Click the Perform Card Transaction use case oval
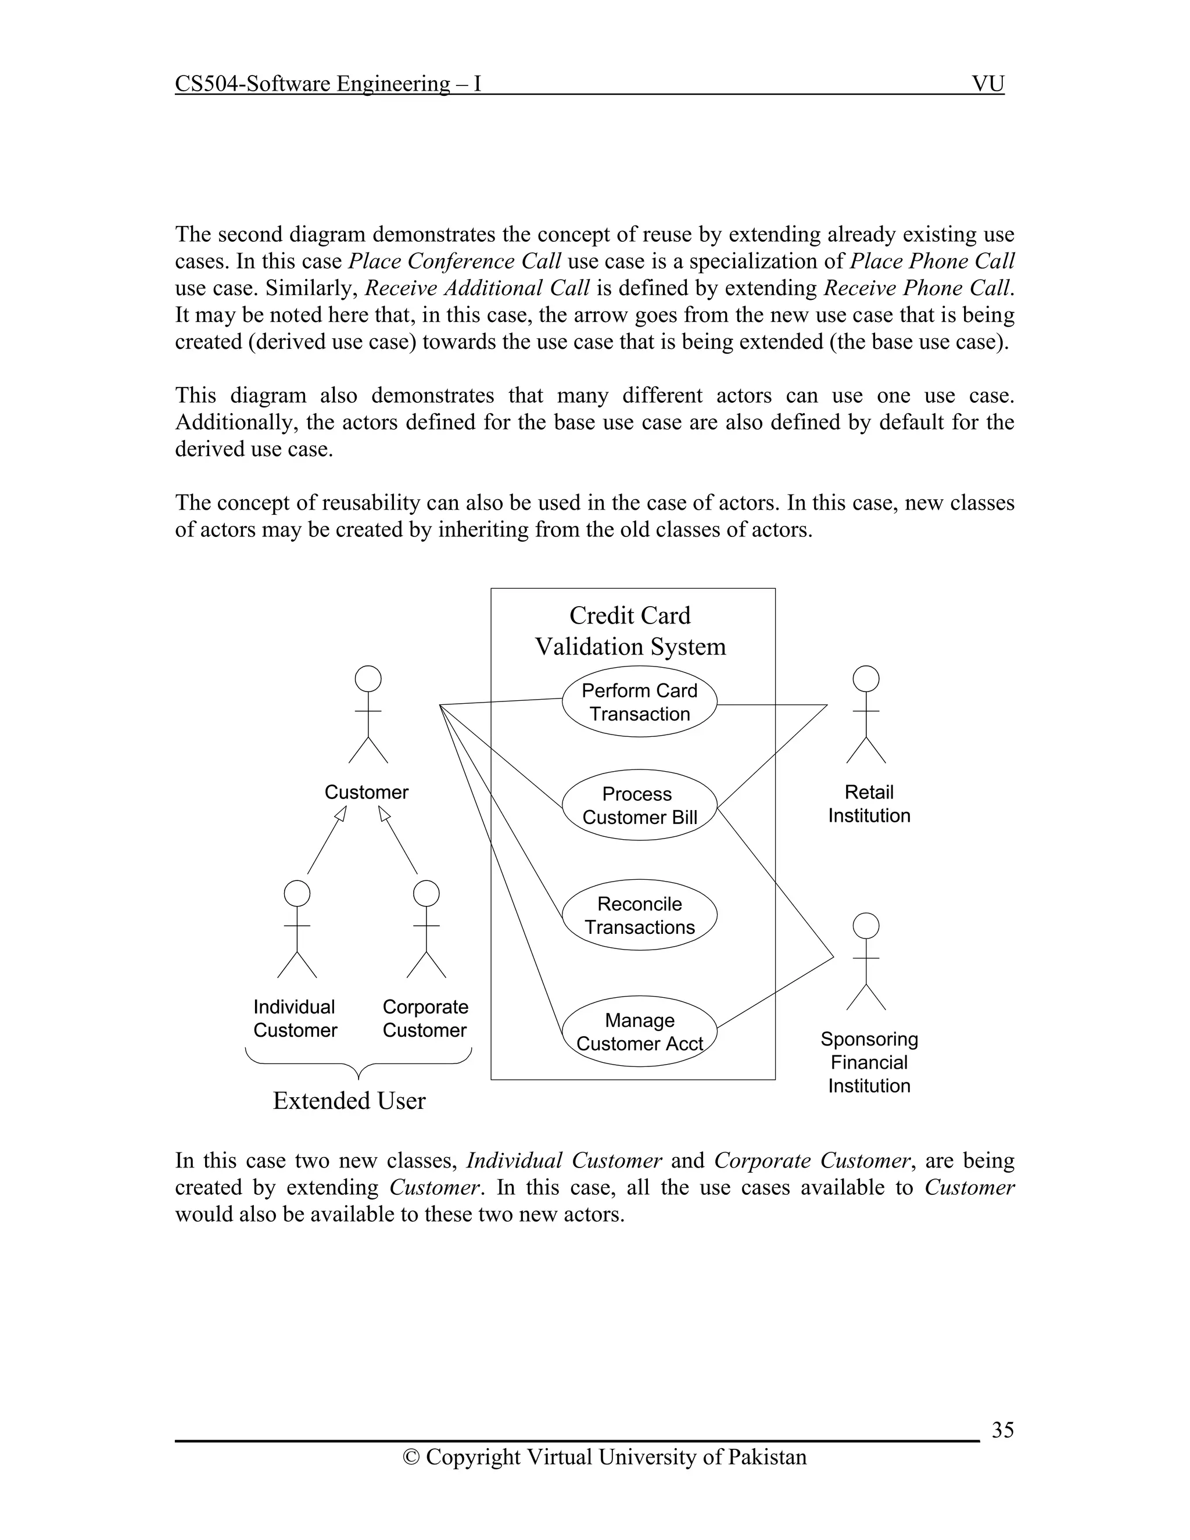pos(639,703)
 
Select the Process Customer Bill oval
pos(639,805)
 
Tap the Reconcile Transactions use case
pos(639,915)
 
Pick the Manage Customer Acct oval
pos(639,1032)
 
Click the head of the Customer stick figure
pos(368,679)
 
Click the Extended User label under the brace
pos(349,1101)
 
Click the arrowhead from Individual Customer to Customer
pos(341,814)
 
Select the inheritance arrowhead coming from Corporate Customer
pos(383,814)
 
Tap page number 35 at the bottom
pos(1002,1430)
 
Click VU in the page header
pos(988,84)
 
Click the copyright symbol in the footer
pos(410,1457)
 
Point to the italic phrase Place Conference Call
pos(455,262)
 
